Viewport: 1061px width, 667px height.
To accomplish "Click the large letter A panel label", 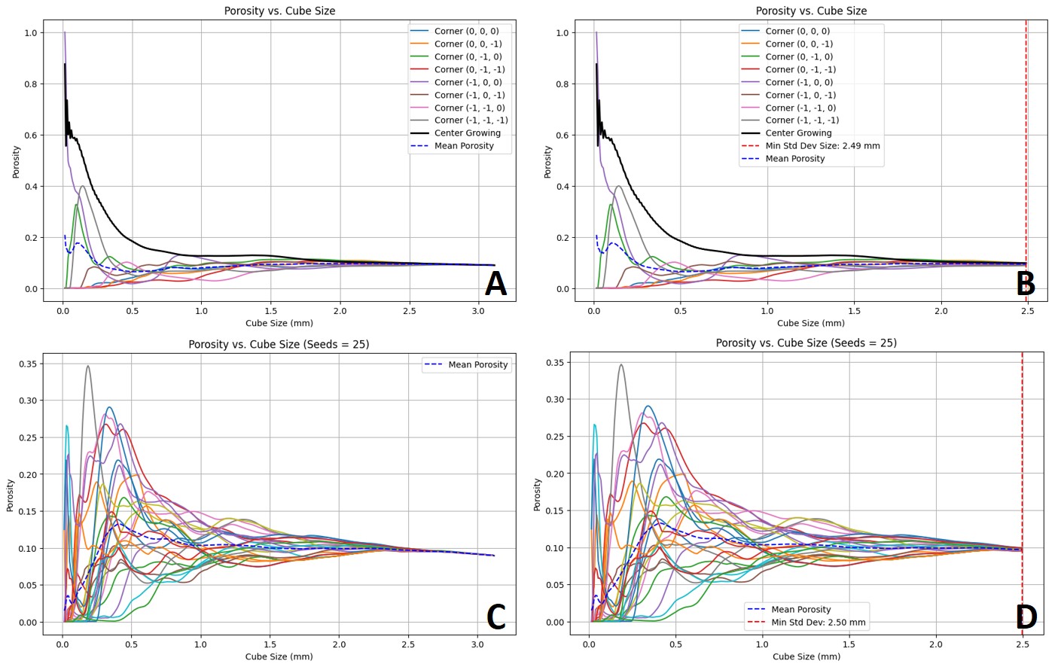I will click(x=495, y=285).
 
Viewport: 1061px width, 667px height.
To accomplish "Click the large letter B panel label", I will click(x=1026, y=285).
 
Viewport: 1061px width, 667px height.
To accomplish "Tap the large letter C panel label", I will click(x=495, y=617).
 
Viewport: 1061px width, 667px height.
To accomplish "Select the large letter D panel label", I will click(x=1026, y=617).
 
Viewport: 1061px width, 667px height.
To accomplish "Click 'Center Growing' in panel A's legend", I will click(x=467, y=133).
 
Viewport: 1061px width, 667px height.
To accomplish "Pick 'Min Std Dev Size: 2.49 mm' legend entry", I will click(x=822, y=146).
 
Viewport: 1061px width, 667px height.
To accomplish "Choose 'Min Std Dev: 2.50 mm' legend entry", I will click(x=818, y=623).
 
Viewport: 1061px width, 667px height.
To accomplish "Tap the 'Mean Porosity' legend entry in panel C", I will click(x=477, y=365).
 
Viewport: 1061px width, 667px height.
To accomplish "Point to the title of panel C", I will click(x=279, y=345).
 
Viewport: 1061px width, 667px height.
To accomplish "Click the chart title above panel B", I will click(x=811, y=11).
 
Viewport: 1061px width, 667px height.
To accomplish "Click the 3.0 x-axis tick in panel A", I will click(x=478, y=311).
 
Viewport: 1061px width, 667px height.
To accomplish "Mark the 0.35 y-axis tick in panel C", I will click(x=29, y=364).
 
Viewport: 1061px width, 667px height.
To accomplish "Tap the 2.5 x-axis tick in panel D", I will click(x=1023, y=644).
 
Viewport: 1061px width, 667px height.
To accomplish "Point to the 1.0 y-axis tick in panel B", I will click(x=562, y=33).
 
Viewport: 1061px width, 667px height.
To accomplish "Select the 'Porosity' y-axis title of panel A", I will click(x=16, y=162).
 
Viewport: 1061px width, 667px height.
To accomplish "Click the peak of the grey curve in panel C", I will click(x=88, y=367).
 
